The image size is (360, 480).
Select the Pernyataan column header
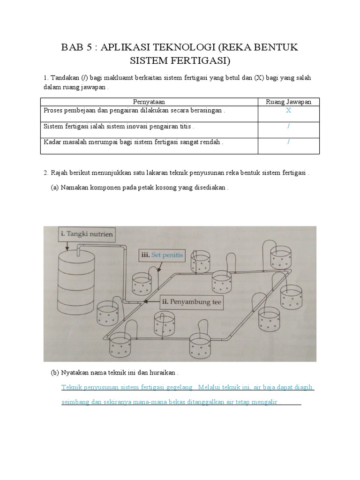[149, 102]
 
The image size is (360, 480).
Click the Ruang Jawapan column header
[289, 102]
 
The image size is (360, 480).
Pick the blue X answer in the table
[289, 111]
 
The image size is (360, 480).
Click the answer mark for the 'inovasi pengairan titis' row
[289, 127]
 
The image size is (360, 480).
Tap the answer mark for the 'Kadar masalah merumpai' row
[289, 142]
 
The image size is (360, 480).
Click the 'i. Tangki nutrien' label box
[86, 233]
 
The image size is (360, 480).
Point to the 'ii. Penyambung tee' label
[191, 303]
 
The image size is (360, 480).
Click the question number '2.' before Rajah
[46, 172]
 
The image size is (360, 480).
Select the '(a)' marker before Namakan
[55, 187]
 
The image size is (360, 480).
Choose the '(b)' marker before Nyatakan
[55, 373]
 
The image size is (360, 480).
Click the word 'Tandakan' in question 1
[64, 78]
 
